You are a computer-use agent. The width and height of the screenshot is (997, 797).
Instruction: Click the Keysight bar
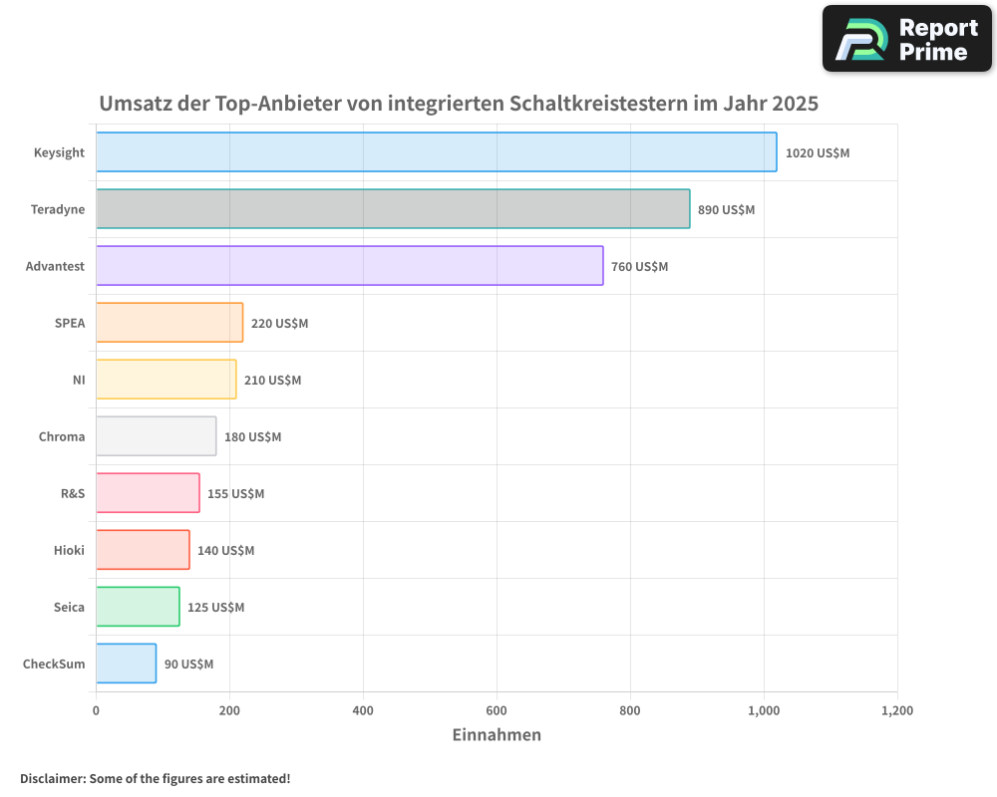coord(436,152)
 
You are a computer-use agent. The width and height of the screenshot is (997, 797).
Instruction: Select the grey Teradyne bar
coord(393,209)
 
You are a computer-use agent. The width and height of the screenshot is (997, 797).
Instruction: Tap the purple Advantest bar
coord(349,266)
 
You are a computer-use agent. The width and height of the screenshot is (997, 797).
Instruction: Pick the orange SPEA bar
coord(169,323)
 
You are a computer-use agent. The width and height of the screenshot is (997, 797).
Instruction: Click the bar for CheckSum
coord(126,664)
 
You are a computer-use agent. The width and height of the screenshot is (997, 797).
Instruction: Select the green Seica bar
coord(138,607)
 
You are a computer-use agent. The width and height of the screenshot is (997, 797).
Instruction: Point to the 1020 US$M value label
coord(817,153)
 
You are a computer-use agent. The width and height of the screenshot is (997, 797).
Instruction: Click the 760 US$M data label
coord(639,267)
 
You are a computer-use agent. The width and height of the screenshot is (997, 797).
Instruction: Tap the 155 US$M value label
coord(235,494)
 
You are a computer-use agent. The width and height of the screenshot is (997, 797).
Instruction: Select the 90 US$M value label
coord(188,664)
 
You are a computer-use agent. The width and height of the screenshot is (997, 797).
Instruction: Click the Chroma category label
coord(62,436)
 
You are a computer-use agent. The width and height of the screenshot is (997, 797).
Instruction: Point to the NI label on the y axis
coord(79,380)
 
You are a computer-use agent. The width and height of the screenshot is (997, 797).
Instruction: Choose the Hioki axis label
coord(69,550)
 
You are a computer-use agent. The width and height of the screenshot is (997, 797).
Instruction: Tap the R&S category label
coord(73,493)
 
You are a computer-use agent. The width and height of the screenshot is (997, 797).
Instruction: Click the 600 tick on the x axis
coord(497,711)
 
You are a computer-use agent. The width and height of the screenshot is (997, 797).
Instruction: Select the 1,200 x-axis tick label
coord(896,711)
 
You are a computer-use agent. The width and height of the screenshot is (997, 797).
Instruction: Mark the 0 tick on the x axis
coord(96,711)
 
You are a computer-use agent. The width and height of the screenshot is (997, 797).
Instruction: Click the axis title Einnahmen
coord(497,735)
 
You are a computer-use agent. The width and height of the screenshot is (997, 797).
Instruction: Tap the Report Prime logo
coord(906,39)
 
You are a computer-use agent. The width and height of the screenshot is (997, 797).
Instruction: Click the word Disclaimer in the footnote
coord(52,779)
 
